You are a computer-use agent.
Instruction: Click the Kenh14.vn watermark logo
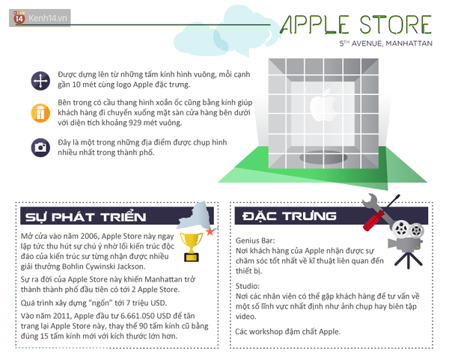(x=40, y=18)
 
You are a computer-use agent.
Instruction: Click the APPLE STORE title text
(x=355, y=25)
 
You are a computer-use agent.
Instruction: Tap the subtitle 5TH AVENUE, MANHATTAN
(x=385, y=43)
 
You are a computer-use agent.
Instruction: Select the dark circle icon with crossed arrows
(x=40, y=81)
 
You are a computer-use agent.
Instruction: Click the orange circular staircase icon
(x=40, y=113)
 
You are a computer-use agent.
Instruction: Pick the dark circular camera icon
(x=40, y=147)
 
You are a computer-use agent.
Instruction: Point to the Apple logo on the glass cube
(x=323, y=106)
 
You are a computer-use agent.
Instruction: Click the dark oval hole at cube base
(x=323, y=157)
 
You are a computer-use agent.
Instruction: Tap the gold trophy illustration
(x=191, y=247)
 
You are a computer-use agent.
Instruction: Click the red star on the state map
(x=210, y=231)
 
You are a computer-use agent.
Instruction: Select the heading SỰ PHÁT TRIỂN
(x=85, y=217)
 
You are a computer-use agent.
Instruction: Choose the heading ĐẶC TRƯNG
(x=289, y=216)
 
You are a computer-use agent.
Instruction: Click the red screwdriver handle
(x=373, y=220)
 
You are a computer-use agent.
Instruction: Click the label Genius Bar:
(x=255, y=240)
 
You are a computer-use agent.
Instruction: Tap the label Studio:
(x=248, y=286)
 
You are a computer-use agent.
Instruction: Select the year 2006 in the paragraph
(x=90, y=237)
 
